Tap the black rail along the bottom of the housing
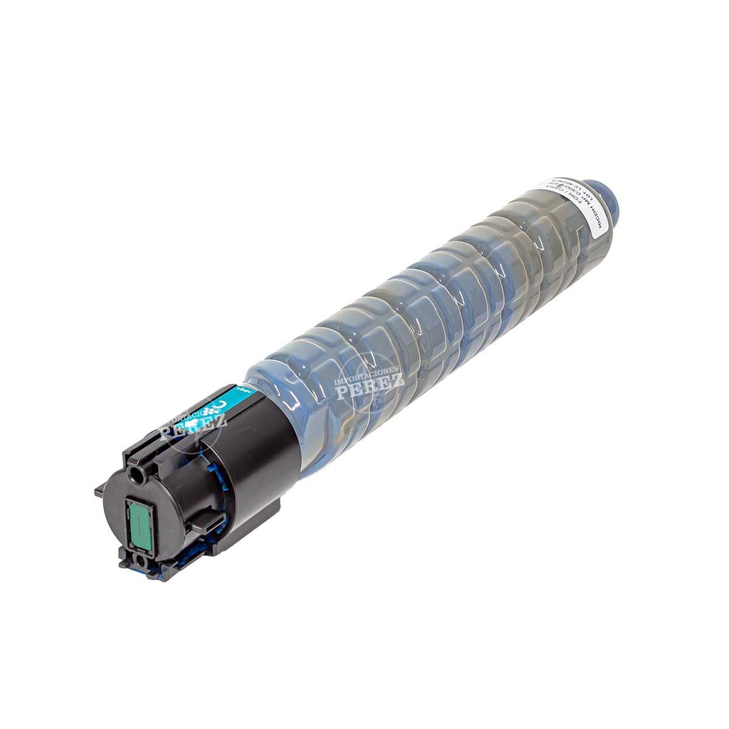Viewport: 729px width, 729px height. tap(235, 520)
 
